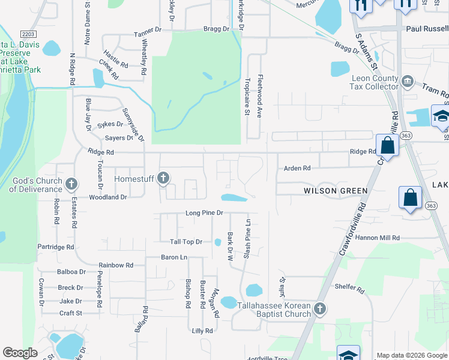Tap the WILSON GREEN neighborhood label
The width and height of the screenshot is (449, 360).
[x=335, y=191]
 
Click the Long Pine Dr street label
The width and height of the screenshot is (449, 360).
[x=204, y=213]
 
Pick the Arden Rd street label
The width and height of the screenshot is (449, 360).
[x=297, y=169]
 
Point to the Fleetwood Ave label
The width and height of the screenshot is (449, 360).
[x=261, y=96]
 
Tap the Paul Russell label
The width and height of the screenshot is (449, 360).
[x=427, y=28]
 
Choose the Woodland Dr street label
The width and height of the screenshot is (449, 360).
[x=108, y=197]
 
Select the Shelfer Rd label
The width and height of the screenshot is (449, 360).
[x=349, y=290]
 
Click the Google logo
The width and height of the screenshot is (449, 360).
[x=20, y=353]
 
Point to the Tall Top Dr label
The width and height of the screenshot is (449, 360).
[x=185, y=242]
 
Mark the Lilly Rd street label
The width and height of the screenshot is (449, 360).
[x=202, y=331]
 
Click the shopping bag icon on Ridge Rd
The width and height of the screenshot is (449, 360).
[x=388, y=146]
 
